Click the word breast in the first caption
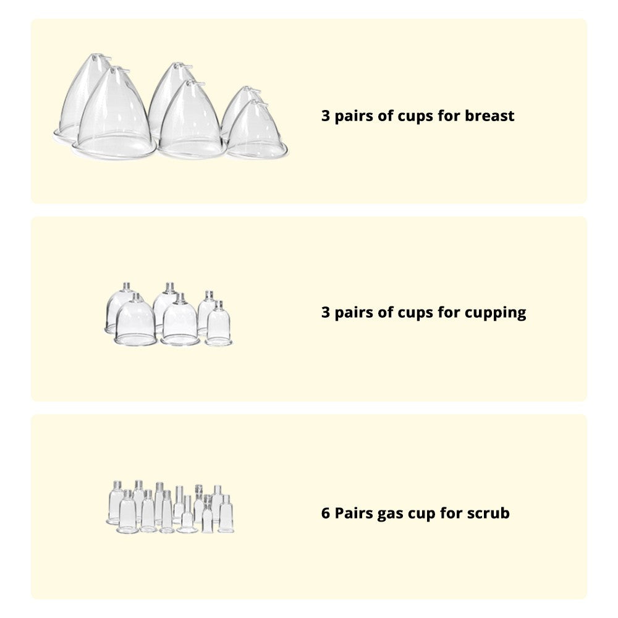coord(489,116)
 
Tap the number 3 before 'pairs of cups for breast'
coord(326,116)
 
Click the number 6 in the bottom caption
coord(326,513)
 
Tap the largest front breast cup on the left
coord(114,114)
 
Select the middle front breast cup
coord(192,121)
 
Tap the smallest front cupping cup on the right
coord(218,324)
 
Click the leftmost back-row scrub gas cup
coord(116,501)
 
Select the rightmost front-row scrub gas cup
coord(226,514)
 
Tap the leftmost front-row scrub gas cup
coord(128,512)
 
